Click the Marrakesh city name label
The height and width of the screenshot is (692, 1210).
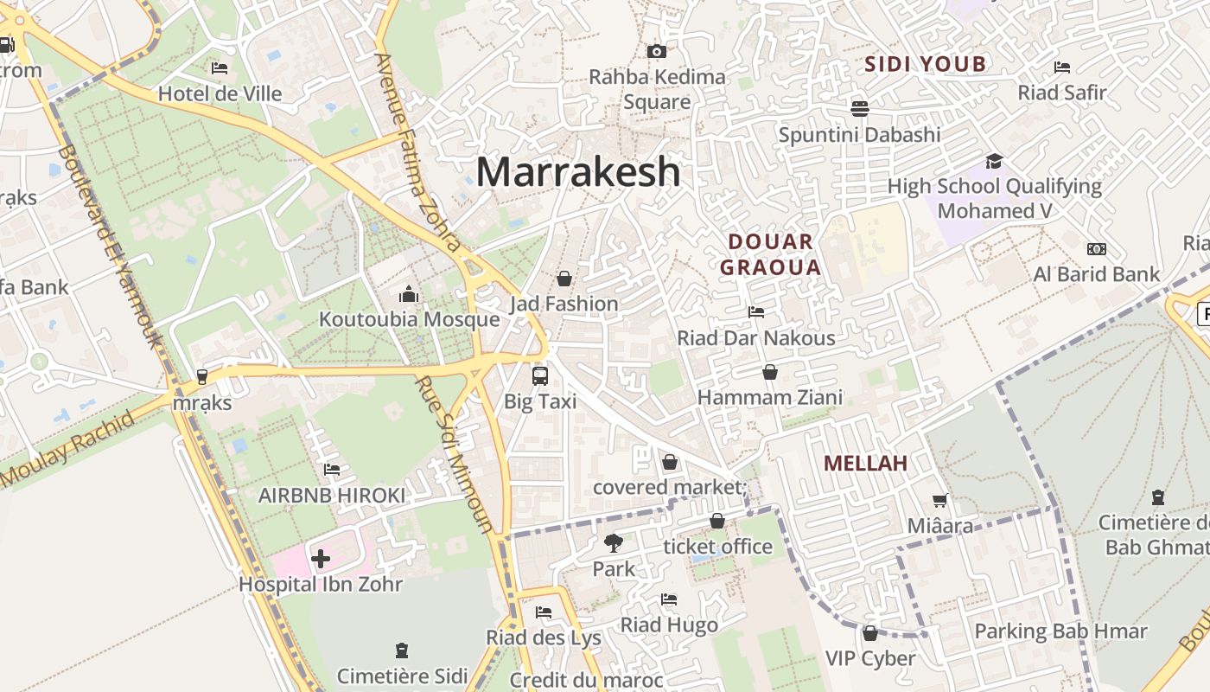pos(578,171)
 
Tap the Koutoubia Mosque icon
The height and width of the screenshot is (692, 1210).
pos(409,295)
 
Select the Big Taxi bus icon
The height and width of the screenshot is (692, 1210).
pos(540,376)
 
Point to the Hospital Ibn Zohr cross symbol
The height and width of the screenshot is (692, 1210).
pos(320,559)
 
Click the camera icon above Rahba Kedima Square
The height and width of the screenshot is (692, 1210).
pos(657,51)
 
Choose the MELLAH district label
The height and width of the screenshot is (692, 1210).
pos(865,463)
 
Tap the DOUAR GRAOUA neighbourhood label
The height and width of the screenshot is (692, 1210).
pos(770,254)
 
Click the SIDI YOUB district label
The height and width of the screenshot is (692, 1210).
pos(926,64)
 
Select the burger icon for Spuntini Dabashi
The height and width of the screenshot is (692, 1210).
pos(859,109)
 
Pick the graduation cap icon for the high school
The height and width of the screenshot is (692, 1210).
pos(994,162)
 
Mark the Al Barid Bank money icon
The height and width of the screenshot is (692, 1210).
pos(1097,249)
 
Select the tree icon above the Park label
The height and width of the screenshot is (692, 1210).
pos(614,543)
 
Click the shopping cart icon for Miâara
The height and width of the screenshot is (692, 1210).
pos(940,500)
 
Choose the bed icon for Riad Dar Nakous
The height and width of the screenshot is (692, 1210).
pos(756,311)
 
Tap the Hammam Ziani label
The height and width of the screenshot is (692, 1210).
pos(769,397)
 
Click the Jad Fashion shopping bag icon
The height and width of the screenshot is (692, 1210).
pos(564,279)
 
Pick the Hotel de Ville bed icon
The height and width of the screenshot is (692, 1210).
pos(220,67)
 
